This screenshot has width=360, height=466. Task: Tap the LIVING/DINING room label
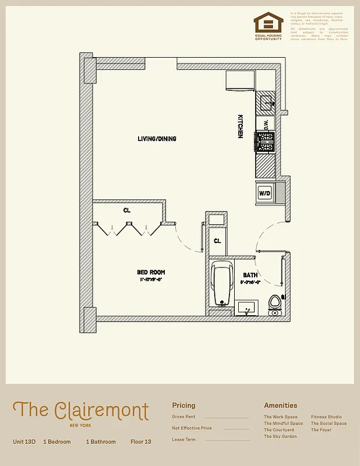[157, 139]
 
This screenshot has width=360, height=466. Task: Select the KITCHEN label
[240, 126]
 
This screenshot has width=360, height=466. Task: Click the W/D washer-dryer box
[264, 192]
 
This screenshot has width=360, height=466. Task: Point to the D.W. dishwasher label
[266, 123]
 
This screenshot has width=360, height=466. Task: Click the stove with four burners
[265, 142]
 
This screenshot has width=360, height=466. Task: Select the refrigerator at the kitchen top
[240, 81]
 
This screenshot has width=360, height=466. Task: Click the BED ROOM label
[151, 272]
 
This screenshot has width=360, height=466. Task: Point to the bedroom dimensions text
[151, 280]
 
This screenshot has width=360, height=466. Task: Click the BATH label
[250, 275]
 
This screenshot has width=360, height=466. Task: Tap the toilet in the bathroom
[274, 304]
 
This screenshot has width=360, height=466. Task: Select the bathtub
[221, 284]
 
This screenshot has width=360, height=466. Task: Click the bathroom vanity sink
[248, 309]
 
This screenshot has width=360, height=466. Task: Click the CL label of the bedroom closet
[126, 210]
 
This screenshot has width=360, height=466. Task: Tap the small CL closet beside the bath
[217, 241]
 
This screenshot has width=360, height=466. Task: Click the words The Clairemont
[80, 410]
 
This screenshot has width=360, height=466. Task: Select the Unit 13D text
[24, 442]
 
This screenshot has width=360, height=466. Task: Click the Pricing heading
[183, 405]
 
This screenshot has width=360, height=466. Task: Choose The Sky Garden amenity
[280, 436]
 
